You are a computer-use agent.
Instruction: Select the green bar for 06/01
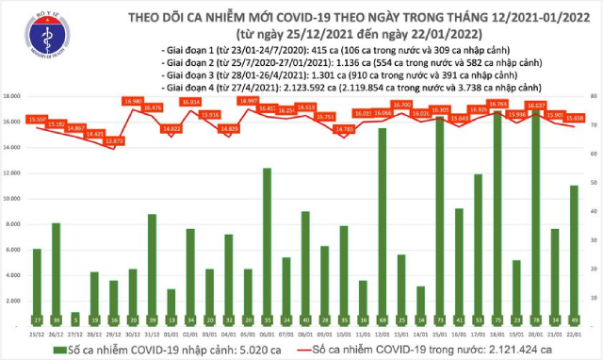[x=268, y=240]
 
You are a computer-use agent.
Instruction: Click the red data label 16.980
[x=133, y=101]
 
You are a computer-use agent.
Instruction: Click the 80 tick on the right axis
[x=590, y=97]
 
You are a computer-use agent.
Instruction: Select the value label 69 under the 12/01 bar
[x=383, y=320]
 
